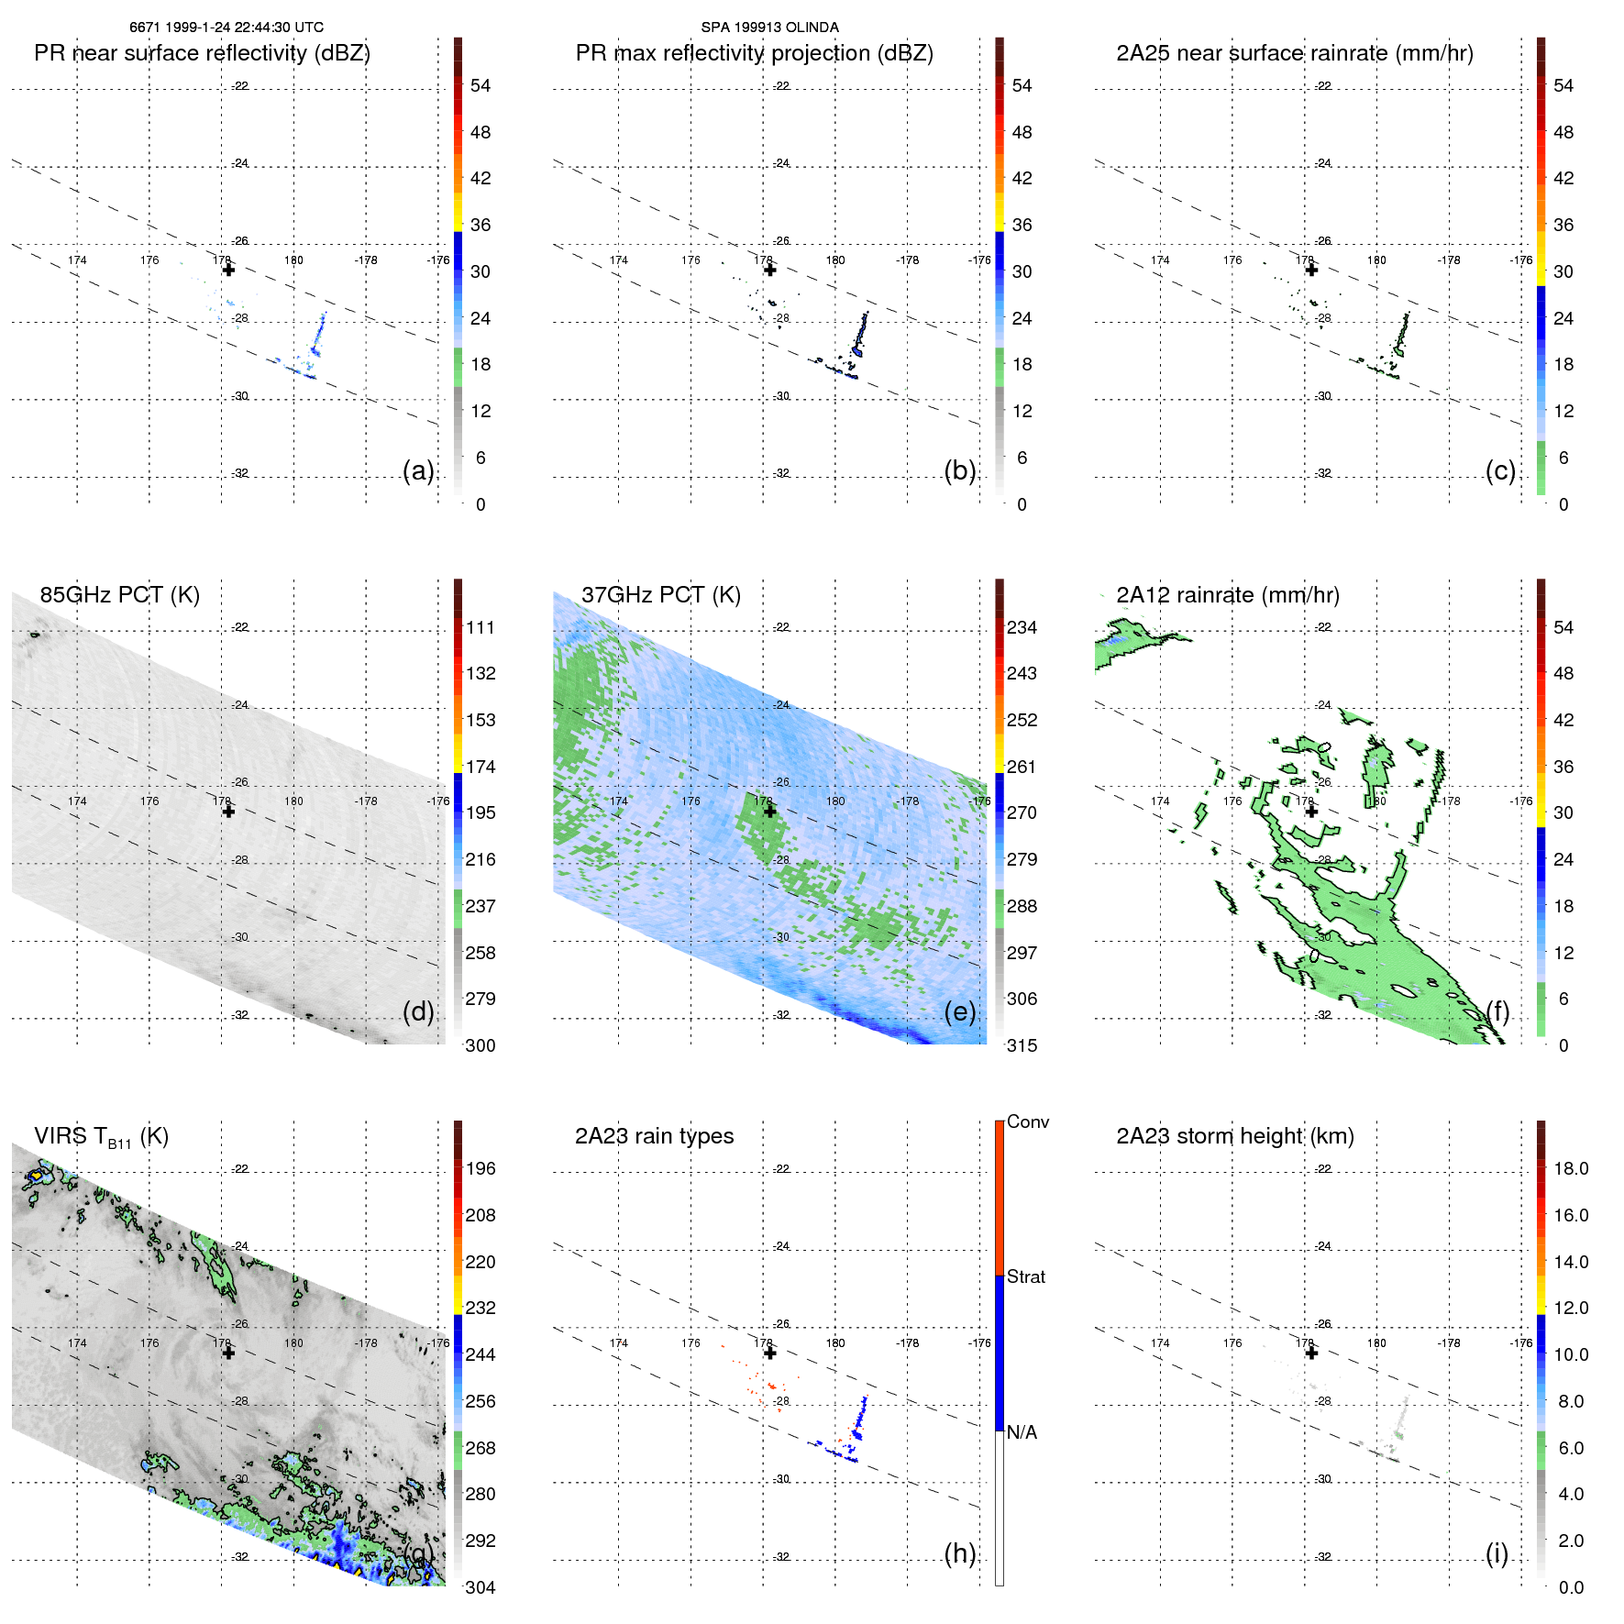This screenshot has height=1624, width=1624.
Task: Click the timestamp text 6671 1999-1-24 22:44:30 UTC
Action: [226, 28]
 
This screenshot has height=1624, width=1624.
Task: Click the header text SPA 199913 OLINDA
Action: [769, 28]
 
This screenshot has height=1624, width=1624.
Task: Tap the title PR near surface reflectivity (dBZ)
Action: [202, 53]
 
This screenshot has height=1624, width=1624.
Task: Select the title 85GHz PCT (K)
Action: [119, 594]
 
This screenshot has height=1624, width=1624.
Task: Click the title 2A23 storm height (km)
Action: [1234, 1136]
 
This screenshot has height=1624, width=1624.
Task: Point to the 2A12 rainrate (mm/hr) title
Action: [1227, 594]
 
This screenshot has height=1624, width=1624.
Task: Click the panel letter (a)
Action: [417, 470]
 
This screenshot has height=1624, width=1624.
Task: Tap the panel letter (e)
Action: [959, 1011]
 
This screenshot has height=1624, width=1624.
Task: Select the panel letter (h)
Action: [959, 1553]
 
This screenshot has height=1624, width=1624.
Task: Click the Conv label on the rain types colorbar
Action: [1027, 1121]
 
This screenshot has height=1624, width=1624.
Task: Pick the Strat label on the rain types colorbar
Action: [1025, 1276]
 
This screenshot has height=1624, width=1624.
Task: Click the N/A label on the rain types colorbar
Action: [1022, 1431]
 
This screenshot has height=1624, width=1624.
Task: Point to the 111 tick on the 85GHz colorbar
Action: [480, 627]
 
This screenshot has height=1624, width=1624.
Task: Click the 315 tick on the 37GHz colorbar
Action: [1022, 1045]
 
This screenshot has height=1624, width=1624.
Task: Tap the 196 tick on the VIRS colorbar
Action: [480, 1168]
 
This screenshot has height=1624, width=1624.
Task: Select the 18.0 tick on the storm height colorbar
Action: [1570, 1168]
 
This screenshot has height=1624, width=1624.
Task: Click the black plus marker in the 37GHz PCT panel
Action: [769, 812]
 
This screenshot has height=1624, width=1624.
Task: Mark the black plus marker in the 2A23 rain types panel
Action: [769, 1353]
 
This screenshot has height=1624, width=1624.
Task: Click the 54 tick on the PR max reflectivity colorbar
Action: [1022, 85]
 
